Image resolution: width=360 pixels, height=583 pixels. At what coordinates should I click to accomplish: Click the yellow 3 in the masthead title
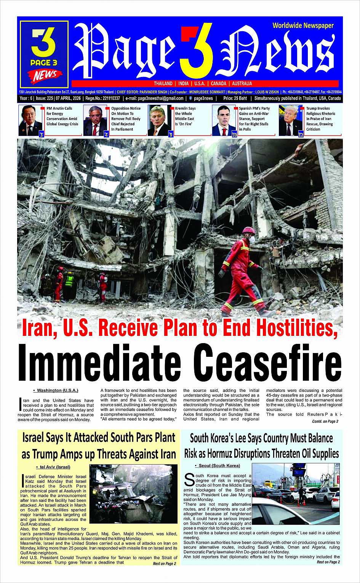coord(197,51)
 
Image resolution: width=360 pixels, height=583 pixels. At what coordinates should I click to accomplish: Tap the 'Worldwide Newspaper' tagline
coord(303,26)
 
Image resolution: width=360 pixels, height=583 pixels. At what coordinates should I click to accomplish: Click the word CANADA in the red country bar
coord(219,83)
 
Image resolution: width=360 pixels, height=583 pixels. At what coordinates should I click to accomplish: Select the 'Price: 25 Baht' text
coord(235,98)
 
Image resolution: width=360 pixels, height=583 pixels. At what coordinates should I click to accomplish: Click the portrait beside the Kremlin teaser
coord(160,120)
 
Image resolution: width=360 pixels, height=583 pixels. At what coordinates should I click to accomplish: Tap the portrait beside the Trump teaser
coord(291,120)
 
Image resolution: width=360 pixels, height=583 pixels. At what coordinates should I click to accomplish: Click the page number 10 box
coord(234,135)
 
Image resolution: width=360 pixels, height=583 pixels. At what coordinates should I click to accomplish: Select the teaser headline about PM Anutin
coord(62,116)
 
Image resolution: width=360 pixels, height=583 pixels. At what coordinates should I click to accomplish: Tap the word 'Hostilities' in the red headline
coord(296,327)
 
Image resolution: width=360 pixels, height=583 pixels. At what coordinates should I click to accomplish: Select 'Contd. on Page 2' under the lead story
coord(325,421)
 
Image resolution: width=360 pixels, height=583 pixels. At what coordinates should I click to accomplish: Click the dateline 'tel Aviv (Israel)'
coord(55,467)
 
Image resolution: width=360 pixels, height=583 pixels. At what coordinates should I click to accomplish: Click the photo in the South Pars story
coord(133,494)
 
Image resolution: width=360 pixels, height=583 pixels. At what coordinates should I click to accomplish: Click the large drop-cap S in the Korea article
coord(189,479)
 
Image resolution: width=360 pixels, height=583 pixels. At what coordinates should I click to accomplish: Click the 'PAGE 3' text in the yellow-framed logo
coord(44,62)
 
